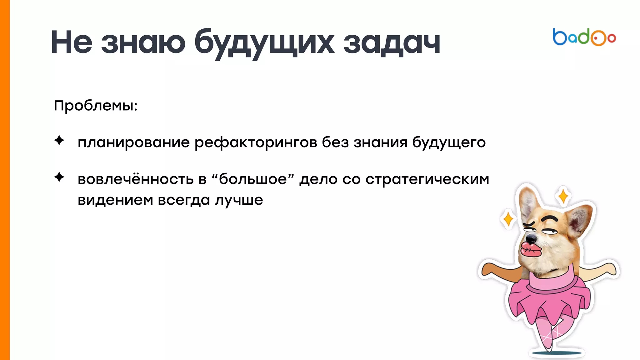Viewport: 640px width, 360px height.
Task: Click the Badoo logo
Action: [x=584, y=37]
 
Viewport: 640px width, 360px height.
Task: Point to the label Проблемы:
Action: [x=96, y=106]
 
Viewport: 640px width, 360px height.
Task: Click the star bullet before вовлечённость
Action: [x=59, y=177]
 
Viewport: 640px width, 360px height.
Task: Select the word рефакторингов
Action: [x=256, y=142]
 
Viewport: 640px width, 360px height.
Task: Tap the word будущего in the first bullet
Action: [x=449, y=142]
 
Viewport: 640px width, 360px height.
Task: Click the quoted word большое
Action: [x=253, y=179]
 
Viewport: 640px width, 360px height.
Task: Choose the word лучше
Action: [x=239, y=200]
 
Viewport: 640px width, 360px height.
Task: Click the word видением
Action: [x=115, y=200]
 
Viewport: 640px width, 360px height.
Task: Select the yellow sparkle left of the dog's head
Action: [x=508, y=219]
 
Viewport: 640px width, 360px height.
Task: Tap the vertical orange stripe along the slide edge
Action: [x=5, y=180]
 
